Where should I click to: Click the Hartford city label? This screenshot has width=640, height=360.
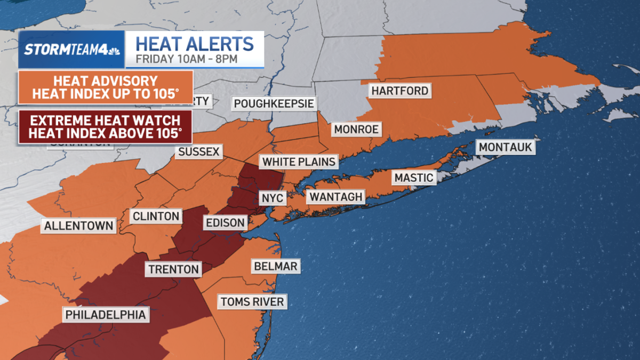400,91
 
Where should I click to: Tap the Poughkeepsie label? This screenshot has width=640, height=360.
274,103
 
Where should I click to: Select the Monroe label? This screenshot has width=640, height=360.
356,129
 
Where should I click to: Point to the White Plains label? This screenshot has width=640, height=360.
299,162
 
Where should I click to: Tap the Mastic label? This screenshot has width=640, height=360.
414,178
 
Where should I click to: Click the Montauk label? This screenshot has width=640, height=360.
506,147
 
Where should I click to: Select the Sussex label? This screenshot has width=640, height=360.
199,152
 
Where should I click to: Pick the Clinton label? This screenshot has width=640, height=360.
156,216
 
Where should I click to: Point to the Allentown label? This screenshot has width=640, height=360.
79,226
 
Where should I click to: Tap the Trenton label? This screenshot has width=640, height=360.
173,269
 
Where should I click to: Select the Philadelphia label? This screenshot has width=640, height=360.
106,315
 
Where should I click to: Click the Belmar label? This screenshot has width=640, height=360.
276,266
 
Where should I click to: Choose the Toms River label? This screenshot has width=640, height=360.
252,302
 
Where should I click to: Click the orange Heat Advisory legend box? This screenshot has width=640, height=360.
105,88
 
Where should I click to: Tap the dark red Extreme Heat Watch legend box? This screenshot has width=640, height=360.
105,126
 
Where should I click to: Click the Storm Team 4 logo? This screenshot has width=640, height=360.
71,50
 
